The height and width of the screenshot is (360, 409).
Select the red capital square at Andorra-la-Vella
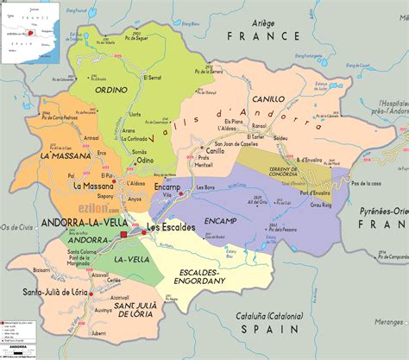click(123, 234)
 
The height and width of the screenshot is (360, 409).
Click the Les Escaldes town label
click(167, 228)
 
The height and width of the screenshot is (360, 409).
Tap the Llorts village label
click(133, 113)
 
